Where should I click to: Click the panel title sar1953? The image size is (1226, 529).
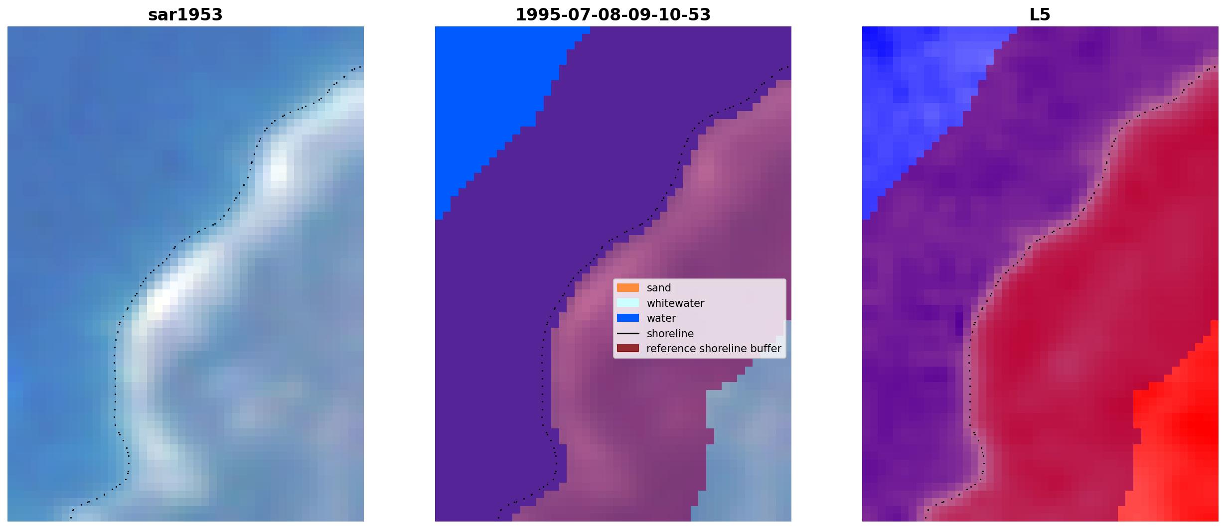coord(185,15)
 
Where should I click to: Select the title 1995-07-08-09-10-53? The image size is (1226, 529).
coord(613,15)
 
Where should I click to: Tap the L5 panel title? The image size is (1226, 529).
coord(1040,15)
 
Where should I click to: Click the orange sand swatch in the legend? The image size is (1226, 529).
coord(628,288)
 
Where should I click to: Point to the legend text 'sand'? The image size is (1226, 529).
coord(659,288)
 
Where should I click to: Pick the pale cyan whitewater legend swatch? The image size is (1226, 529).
coord(628,303)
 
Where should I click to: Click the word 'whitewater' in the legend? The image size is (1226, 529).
coord(675,303)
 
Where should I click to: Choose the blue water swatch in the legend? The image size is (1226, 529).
coord(628,318)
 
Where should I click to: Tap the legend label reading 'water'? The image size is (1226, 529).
coord(661,318)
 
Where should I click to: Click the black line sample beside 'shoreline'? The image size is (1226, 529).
coord(628,333)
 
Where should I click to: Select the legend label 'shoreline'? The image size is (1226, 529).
coord(670,334)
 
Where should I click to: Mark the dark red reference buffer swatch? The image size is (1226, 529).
coord(628,348)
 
